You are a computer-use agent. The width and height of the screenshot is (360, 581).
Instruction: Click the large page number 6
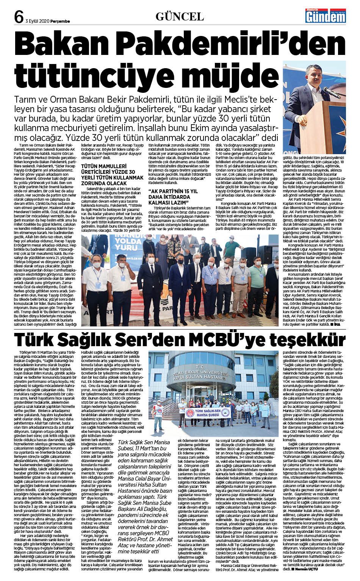[18, 17]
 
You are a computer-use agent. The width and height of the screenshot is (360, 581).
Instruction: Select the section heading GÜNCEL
[180, 16]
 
